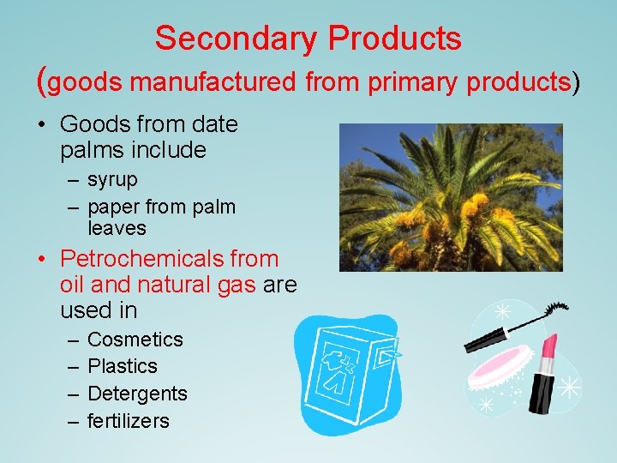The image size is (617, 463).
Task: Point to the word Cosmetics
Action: [135, 340]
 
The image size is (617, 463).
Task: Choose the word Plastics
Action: [123, 366]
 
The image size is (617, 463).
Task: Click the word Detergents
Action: [137, 394]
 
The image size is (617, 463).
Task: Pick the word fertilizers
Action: [129, 421]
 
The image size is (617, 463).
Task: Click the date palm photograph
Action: [451, 197]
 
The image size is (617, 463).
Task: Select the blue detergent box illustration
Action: [351, 373]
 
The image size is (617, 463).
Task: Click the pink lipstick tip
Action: [549, 346]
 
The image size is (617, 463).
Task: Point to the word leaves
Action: [117, 228]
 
